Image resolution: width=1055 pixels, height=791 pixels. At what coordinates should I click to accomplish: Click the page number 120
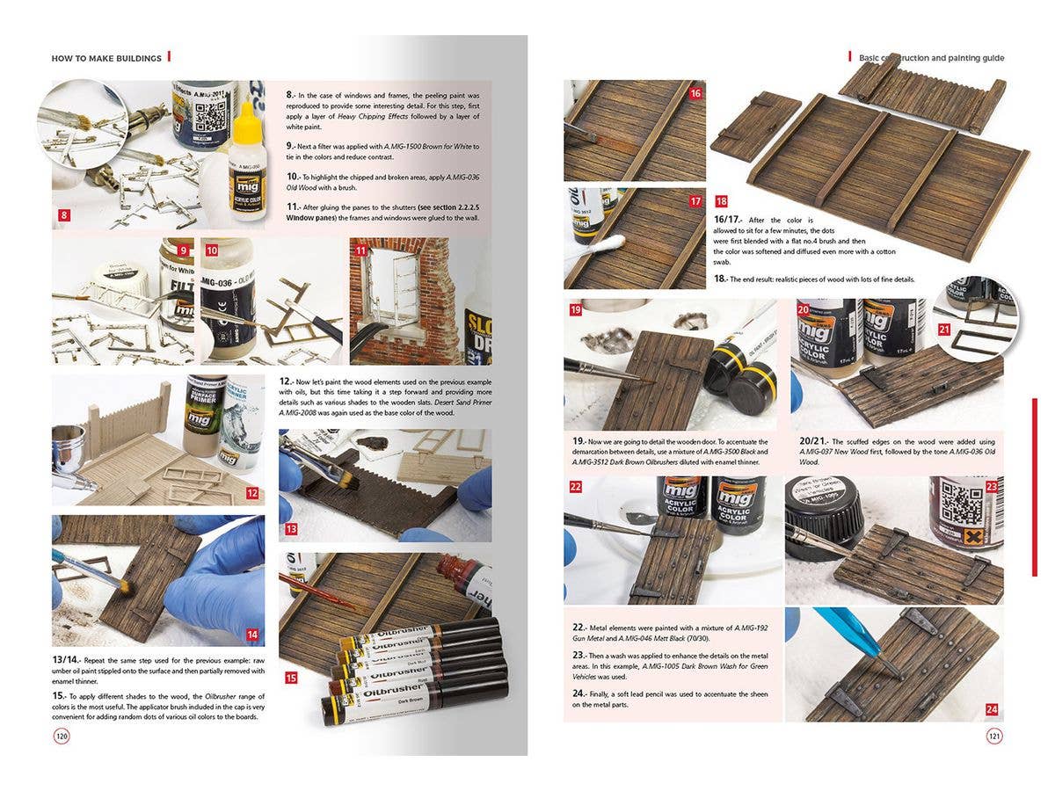62,737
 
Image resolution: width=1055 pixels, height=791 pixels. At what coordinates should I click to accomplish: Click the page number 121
994,737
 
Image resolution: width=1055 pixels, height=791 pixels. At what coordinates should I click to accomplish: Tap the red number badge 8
62,214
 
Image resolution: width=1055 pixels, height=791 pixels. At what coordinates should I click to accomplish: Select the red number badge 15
291,678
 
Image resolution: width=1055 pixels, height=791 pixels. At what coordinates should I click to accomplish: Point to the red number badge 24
991,708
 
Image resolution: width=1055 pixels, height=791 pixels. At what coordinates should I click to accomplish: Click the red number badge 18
721,201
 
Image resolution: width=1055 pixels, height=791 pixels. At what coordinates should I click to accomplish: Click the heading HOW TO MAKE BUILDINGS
106,58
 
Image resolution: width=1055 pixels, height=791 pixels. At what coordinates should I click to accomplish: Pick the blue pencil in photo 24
857,640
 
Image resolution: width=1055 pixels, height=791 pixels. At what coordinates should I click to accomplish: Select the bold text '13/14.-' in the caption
67,659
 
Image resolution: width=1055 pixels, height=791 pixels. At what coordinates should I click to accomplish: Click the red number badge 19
576,309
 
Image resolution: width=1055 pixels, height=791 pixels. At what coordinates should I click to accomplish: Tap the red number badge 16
695,92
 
